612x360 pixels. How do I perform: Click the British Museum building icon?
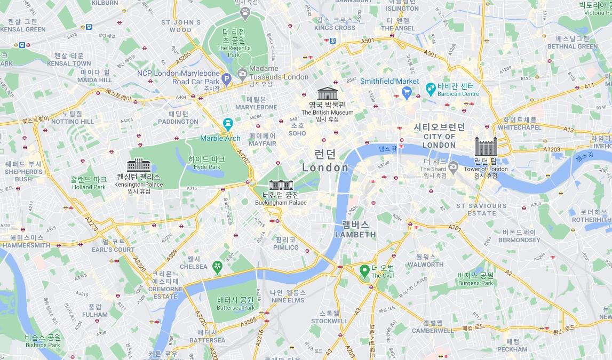click(327, 93)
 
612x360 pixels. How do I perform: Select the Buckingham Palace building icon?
click(280, 185)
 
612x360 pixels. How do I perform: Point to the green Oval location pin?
click(364, 270)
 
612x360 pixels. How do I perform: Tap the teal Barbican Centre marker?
click(430, 87)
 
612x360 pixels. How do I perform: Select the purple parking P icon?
click(227, 80)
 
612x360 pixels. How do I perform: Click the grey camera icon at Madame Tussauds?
click(242, 73)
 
